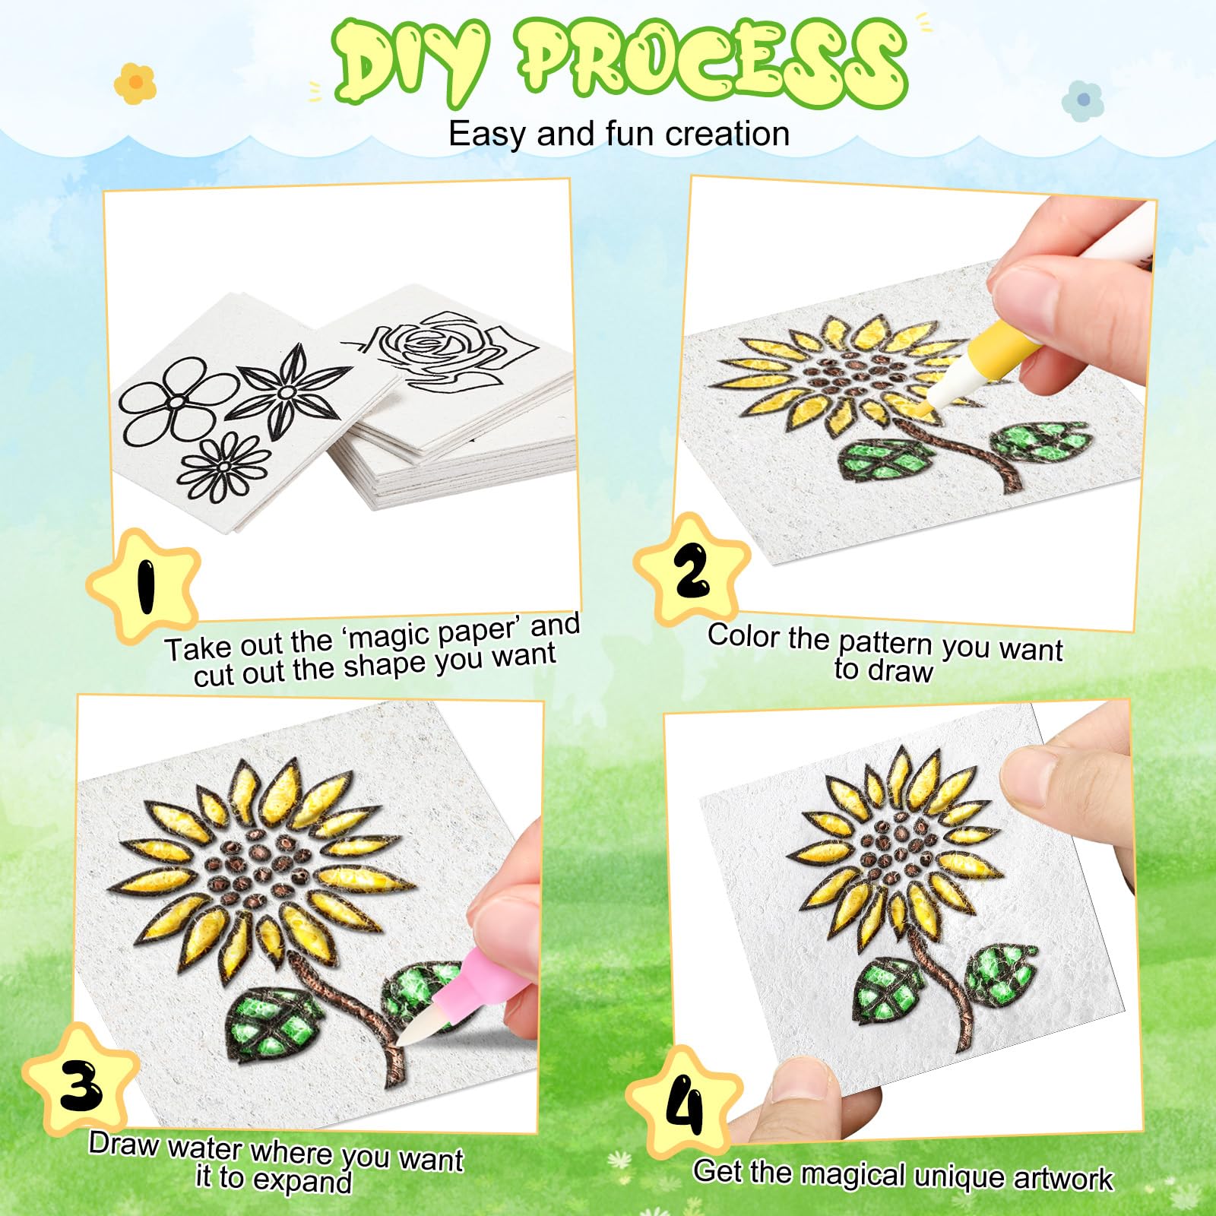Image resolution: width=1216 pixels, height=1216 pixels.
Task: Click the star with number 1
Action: (x=144, y=586)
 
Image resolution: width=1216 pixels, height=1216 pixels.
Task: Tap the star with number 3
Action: (x=81, y=1080)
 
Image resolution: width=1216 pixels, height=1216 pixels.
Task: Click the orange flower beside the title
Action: (x=135, y=83)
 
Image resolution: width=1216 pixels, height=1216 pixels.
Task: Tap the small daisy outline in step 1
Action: (x=224, y=467)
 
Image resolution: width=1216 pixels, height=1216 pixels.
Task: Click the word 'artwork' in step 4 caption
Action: (x=1063, y=1178)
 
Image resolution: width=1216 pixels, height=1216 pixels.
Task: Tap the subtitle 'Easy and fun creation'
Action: (x=619, y=134)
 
